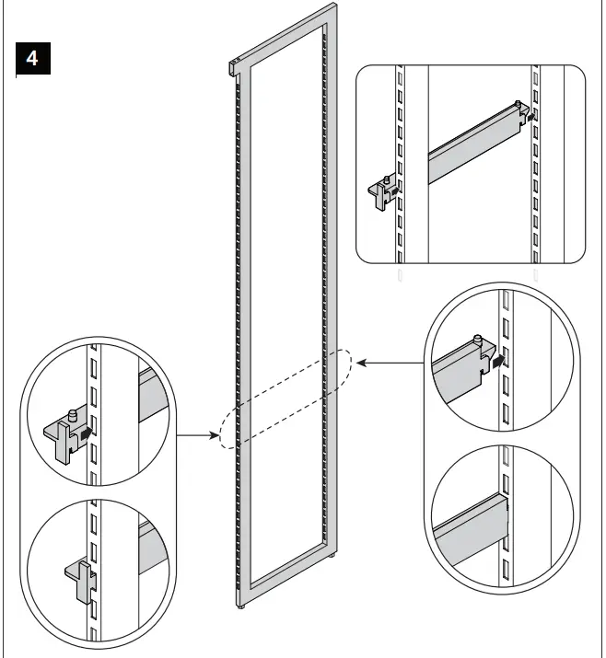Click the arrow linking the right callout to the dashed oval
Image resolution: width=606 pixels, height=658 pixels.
[387, 364]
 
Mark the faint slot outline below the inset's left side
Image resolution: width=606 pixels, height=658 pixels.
[399, 274]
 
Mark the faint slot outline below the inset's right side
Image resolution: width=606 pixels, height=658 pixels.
[537, 274]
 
